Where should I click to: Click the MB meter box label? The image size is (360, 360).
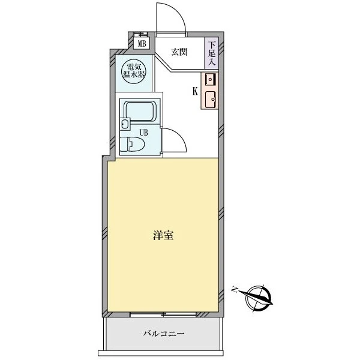(x=142, y=44)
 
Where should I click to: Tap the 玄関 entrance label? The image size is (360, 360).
(x=179, y=52)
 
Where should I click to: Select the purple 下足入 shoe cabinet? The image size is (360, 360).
(x=211, y=53)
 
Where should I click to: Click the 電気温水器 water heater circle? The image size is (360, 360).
(x=134, y=71)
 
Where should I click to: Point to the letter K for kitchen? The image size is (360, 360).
(x=195, y=92)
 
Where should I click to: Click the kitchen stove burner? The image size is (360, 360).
(x=210, y=80)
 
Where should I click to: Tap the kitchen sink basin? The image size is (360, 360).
(x=211, y=100)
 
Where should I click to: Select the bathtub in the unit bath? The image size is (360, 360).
(x=140, y=112)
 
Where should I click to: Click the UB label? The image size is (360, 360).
(x=144, y=133)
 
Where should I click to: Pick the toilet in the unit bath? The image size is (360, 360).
(x=132, y=144)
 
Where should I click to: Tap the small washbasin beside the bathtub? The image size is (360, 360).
(x=125, y=124)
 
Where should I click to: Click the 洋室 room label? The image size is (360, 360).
(x=163, y=236)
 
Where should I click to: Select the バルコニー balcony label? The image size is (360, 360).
(x=163, y=334)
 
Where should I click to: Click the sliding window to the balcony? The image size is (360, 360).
(x=163, y=314)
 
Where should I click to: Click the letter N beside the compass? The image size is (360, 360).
(x=234, y=290)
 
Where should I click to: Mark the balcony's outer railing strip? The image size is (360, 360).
(x=161, y=353)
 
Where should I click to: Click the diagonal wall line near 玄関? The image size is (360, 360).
(x=163, y=62)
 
